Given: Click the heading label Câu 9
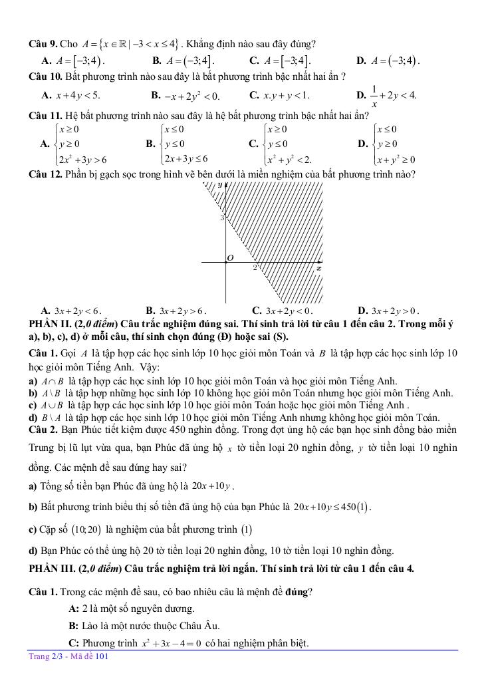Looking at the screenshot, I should (x=43, y=45).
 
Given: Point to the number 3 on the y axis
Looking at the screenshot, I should (x=222, y=217).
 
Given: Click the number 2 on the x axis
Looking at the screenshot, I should (x=254, y=268).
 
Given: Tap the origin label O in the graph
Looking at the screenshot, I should (x=231, y=257).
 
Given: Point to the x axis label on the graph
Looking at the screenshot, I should (x=318, y=268).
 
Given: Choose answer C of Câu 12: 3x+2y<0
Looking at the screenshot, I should (x=283, y=310).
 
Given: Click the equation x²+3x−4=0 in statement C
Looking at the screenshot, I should (x=171, y=643).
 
